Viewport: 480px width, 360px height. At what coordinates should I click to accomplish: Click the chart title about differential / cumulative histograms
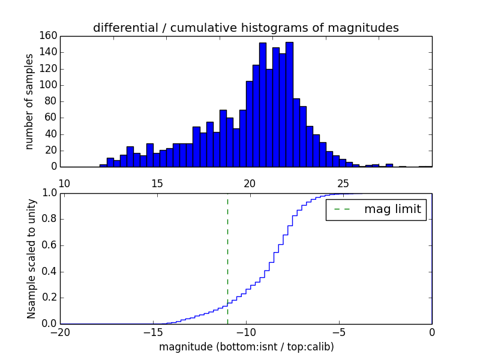(x=245, y=28)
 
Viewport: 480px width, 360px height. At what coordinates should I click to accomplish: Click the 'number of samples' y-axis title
(x=29, y=101)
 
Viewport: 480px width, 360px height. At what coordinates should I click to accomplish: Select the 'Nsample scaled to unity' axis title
(x=31, y=259)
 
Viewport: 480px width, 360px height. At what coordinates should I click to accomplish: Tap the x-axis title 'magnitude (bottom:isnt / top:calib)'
(x=246, y=347)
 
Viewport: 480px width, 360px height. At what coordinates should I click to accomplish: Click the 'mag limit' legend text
(x=392, y=209)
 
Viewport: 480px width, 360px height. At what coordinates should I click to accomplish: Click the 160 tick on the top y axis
(x=49, y=36)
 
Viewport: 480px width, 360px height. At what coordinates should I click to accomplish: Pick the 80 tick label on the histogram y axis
(x=52, y=101)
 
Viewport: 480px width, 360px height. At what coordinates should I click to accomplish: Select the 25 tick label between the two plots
(x=343, y=183)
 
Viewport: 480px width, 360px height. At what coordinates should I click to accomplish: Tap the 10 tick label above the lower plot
(x=65, y=183)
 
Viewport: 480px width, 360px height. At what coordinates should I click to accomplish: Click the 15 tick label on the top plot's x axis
(x=157, y=183)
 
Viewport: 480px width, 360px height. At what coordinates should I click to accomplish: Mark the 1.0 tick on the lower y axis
(x=50, y=193)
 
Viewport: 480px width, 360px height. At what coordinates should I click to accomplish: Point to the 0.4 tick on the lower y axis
(x=50, y=271)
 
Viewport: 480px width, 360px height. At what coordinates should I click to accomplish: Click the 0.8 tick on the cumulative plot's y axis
(x=50, y=219)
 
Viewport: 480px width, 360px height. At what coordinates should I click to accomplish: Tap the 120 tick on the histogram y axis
(x=49, y=68)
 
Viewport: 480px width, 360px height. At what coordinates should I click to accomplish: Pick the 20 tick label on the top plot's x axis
(x=250, y=183)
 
